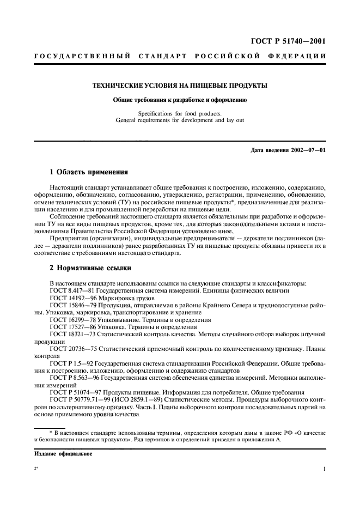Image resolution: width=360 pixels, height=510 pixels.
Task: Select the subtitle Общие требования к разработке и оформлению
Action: point(180,100)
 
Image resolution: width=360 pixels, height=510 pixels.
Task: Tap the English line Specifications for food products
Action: point(180,114)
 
